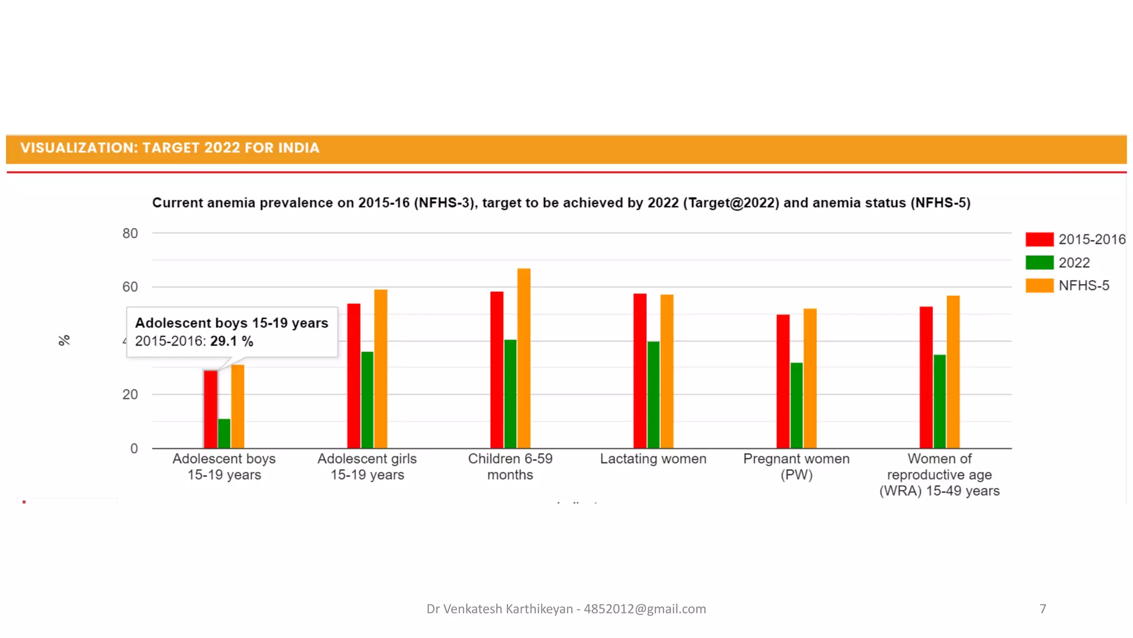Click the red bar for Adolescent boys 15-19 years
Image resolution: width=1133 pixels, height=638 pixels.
[210, 409]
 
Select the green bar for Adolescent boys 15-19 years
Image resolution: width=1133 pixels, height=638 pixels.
[224, 434]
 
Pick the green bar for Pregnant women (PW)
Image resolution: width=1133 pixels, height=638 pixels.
[796, 405]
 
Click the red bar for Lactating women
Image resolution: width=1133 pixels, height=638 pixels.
[640, 371]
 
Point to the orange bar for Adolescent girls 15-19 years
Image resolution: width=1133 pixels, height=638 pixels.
[381, 369]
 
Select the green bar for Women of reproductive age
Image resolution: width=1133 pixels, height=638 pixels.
[939, 402]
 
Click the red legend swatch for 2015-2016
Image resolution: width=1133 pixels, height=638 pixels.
[1039, 239]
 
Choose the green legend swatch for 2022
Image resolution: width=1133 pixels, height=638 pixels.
[1039, 263]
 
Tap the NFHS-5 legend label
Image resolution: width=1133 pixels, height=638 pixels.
[1084, 286]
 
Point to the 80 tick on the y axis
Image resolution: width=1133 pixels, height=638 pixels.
[130, 233]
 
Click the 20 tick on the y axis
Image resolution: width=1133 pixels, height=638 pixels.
[130, 394]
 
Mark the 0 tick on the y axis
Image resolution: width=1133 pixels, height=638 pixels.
[134, 449]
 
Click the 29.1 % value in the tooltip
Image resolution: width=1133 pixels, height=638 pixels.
[231, 341]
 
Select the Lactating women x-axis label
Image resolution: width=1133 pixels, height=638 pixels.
[653, 459]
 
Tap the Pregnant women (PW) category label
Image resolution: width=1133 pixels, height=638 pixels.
[796, 466]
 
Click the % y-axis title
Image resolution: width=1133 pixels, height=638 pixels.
[64, 340]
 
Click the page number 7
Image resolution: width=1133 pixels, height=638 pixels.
[1042, 609]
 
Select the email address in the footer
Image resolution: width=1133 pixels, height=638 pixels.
[645, 609]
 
